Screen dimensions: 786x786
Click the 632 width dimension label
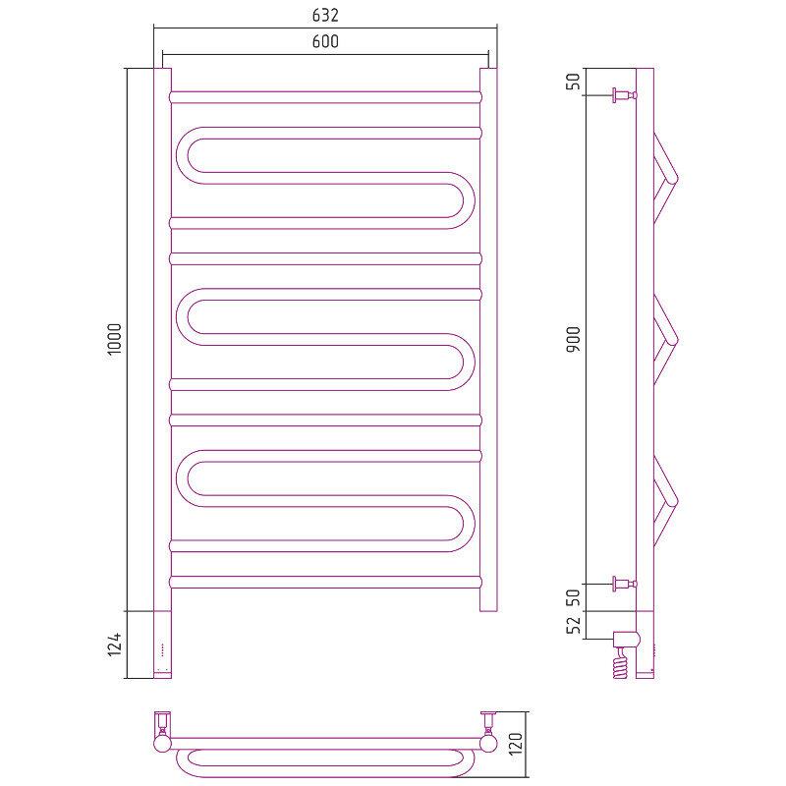325,15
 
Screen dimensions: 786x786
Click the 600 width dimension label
325,41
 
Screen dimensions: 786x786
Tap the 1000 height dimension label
115,339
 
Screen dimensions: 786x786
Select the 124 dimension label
115,645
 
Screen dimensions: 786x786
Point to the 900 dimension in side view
574,339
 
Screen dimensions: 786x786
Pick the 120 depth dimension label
516,744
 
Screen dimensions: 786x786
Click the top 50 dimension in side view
574,82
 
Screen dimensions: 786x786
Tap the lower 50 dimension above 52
574,597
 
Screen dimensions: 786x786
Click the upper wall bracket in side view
624,94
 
